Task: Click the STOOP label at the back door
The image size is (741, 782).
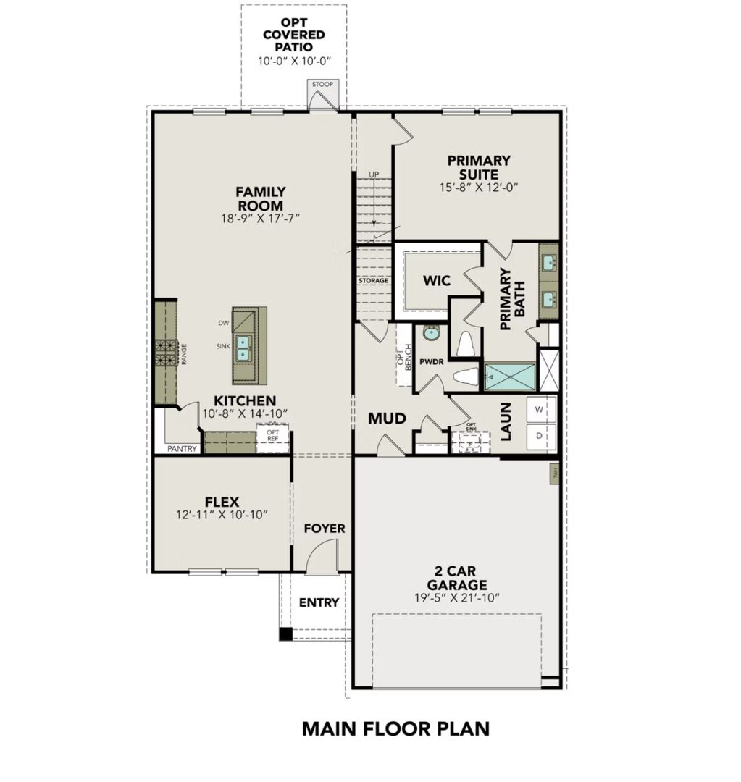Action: (322, 85)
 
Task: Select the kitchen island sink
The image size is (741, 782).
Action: (244, 345)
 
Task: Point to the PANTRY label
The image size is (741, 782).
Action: (182, 448)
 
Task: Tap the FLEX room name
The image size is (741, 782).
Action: (222, 501)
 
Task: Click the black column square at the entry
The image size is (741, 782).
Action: (286, 634)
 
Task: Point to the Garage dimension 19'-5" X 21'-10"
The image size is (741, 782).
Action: (456, 598)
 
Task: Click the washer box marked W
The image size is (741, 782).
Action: (540, 410)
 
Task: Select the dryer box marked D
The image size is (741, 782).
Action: (540, 437)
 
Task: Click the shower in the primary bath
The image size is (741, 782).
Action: (510, 376)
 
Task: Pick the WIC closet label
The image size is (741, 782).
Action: (437, 280)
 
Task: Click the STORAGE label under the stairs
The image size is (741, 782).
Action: (373, 280)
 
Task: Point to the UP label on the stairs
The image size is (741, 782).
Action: (374, 175)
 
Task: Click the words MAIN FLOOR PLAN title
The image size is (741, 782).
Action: (395, 728)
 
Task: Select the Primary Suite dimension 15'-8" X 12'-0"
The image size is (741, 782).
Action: (479, 187)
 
